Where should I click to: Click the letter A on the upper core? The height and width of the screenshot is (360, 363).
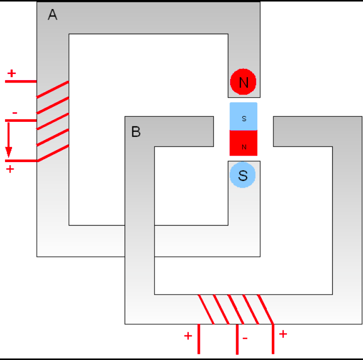coord(52,15)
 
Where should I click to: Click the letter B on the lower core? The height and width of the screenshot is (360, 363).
coord(136,132)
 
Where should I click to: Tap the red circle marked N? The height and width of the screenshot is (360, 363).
coord(243,82)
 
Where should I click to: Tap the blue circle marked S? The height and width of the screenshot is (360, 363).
coord(243,175)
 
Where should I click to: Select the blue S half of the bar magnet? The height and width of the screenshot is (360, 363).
coord(243,116)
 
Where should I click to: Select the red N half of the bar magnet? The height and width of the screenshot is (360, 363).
coord(243,143)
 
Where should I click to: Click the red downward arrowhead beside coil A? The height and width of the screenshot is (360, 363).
coord(9,152)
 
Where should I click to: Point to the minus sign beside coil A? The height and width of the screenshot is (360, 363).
coord(15,113)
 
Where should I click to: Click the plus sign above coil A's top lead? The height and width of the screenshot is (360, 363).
coord(12,74)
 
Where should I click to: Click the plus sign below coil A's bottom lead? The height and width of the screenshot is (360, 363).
coord(10,169)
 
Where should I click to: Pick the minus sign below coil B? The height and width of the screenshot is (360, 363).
coord(245,338)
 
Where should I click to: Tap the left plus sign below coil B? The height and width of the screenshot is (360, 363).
coord(188,336)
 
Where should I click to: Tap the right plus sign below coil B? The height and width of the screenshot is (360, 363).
coord(283,334)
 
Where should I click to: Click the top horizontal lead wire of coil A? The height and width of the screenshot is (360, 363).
coord(21,82)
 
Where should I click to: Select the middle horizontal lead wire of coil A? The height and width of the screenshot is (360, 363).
coord(21,121)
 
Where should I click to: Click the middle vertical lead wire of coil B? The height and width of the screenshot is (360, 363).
coord(237,339)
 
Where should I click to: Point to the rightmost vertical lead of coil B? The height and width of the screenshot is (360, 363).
coord(273,339)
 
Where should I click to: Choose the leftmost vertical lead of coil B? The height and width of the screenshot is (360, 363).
coord(199,339)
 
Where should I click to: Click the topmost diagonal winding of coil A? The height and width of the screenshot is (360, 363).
coord(52,89)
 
